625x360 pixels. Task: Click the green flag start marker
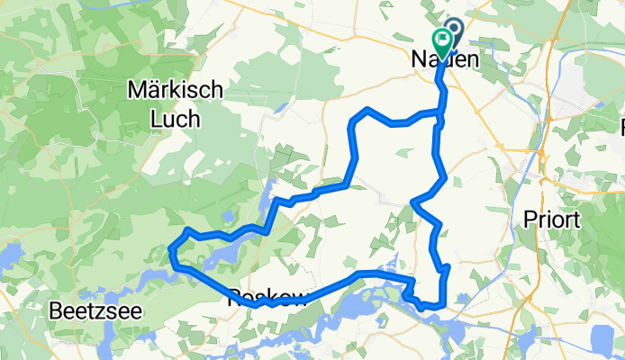coord(442,39)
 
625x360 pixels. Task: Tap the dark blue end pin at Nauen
coord(452,32)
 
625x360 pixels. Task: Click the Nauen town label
coord(443,58)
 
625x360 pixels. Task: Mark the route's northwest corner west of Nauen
coord(366,111)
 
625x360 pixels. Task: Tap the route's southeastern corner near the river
coord(442,304)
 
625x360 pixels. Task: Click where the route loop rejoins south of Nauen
coord(439,114)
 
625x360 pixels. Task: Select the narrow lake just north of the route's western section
coord(267,192)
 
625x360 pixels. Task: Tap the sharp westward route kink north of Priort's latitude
coord(412,202)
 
